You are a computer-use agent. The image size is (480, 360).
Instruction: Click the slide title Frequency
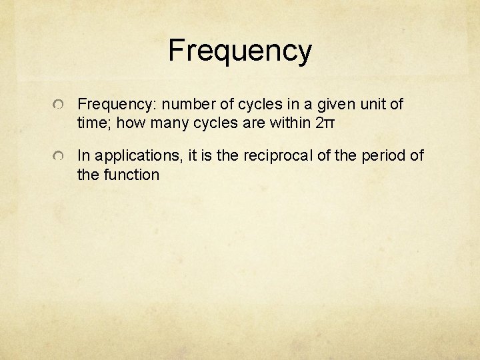pyautogui.click(x=239, y=51)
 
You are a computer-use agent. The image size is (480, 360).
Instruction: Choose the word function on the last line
pyautogui.click(x=130, y=175)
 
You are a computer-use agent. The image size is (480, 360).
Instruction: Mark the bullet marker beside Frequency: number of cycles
pyautogui.click(x=59, y=106)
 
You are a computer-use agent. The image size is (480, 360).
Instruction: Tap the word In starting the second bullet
pyautogui.click(x=84, y=156)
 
